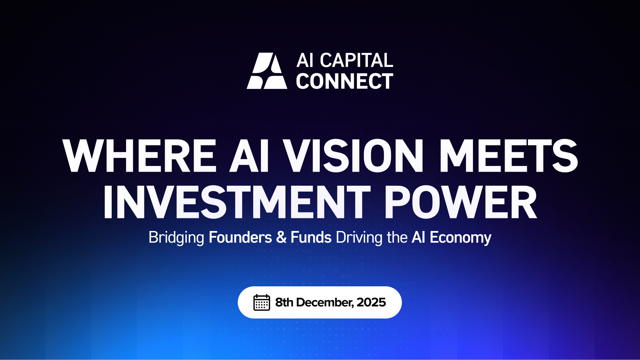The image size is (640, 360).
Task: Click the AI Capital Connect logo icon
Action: click(267, 71)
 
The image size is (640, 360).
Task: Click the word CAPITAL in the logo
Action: click(357, 60)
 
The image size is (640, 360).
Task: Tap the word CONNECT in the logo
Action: click(345, 81)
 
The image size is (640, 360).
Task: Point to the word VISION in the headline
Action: click(353, 156)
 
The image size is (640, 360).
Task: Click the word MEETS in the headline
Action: click(508, 156)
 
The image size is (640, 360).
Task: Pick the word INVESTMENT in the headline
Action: click(237, 202)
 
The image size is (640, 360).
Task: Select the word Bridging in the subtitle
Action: click(176, 238)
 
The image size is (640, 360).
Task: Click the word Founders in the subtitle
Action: click(240, 238)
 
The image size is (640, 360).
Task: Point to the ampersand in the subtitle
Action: click(281, 238)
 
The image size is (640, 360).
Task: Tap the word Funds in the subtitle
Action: click(311, 238)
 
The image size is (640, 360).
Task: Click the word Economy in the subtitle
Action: click(460, 238)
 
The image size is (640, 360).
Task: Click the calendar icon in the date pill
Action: click(261, 302)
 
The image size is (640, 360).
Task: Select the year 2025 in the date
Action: click(371, 302)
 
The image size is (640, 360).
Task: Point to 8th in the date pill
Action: click(284, 302)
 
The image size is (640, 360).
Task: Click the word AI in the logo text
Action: click(305, 60)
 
